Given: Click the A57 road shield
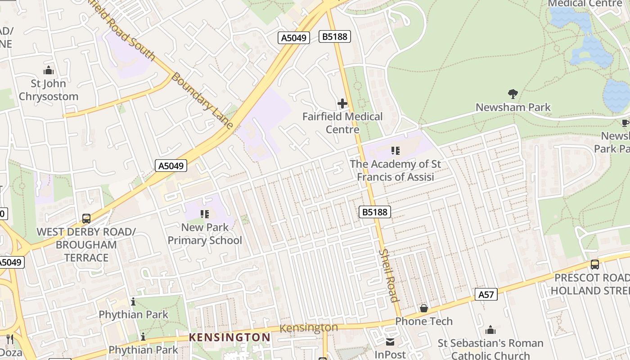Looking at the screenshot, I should coord(486,295).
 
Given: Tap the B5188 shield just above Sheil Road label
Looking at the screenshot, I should coord(374,211).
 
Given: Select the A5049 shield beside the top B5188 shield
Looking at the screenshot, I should coord(294,38).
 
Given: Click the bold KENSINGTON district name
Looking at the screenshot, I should coord(229,337).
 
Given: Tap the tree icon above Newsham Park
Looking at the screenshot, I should coord(513,94).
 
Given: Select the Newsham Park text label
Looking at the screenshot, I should coord(513,107).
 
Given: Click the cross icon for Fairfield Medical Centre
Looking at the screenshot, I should coord(342,103).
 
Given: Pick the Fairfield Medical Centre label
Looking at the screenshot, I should coord(342,123).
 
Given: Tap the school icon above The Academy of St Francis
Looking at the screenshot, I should coord(396,150).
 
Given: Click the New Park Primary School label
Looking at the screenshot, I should coord(205,234).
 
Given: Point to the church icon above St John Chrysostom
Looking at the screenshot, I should coord(49,70).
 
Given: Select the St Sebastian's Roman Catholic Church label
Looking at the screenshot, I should coord(490,349).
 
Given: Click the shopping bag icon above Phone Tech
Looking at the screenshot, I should coord(423,308).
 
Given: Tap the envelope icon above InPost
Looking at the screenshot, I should coord(390,342).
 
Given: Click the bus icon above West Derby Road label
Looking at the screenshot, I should coord(86,219).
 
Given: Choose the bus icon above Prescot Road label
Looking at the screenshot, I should coord(594,265).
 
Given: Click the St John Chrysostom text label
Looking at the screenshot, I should coord(49,90).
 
